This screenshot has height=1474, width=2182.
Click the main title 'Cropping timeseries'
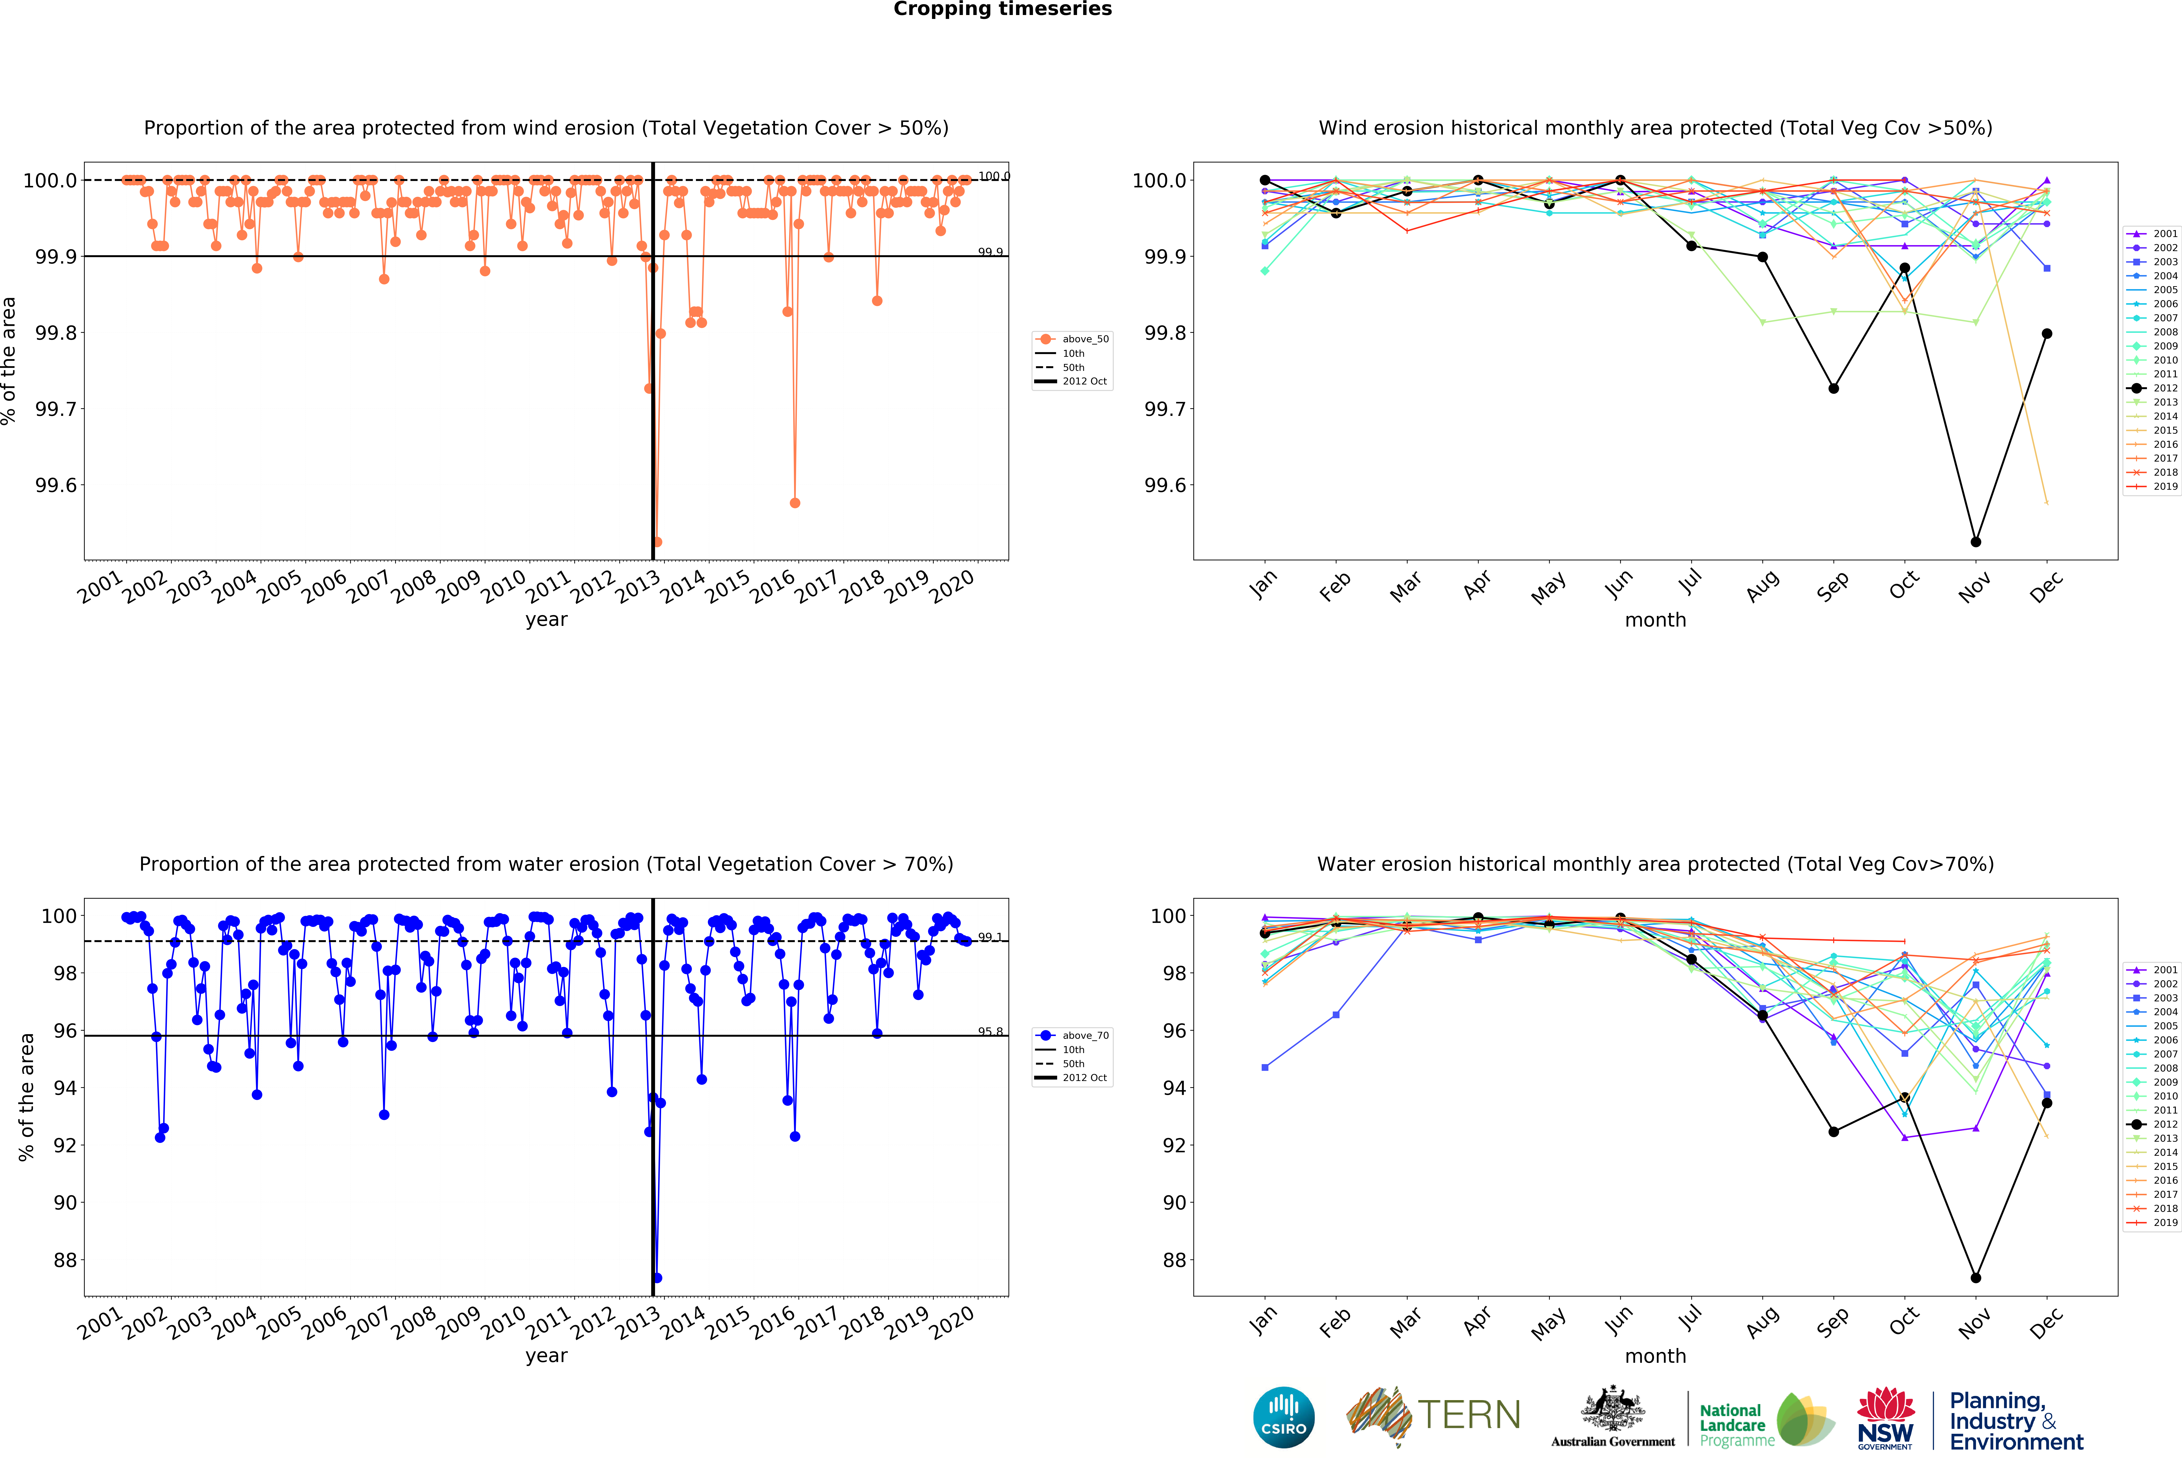[1002, 9]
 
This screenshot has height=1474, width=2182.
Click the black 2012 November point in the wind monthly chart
[1975, 542]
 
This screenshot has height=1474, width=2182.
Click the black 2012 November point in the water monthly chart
[1975, 1278]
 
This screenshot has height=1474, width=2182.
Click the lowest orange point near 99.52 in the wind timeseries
[657, 542]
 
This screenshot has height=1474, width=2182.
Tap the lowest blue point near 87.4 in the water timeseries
[657, 1278]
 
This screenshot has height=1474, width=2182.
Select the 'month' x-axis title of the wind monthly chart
[1655, 620]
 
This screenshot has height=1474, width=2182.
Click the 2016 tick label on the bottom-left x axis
[773, 1322]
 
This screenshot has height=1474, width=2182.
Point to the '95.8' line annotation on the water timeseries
[990, 1031]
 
